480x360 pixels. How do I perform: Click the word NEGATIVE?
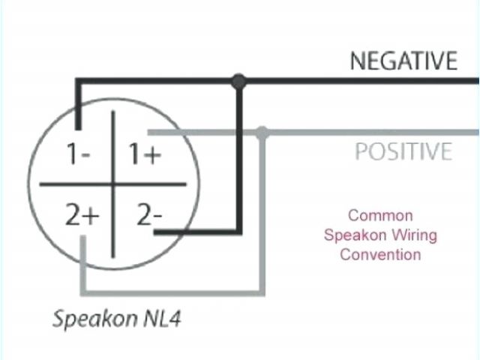coord(403,60)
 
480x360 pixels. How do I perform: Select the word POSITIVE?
coord(403,151)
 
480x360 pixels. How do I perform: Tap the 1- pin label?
coord(78,154)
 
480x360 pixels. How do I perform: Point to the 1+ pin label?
coord(144,154)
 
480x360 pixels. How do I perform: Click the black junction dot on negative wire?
coord(238,80)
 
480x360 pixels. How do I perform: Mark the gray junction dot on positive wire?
coord(262,133)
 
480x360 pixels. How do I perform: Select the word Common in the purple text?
coord(380,215)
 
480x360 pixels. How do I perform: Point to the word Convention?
coord(380,254)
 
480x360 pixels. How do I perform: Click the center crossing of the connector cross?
coord(113,184)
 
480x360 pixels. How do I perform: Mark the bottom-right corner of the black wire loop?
coord(238,232)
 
